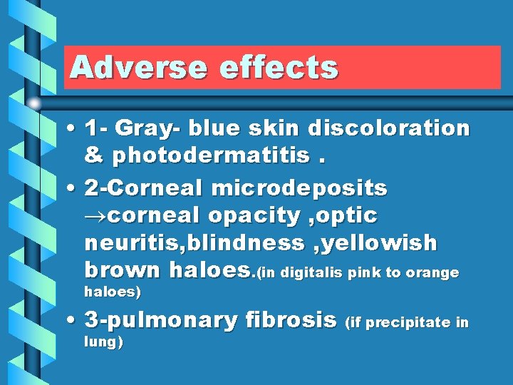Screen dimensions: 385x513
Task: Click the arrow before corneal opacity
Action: [x=97, y=216]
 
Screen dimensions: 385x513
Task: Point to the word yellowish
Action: [x=382, y=243]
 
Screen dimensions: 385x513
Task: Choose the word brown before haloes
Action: [x=123, y=270]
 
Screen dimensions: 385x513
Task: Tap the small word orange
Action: [x=434, y=273]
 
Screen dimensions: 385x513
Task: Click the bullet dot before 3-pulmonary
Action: [x=74, y=321]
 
